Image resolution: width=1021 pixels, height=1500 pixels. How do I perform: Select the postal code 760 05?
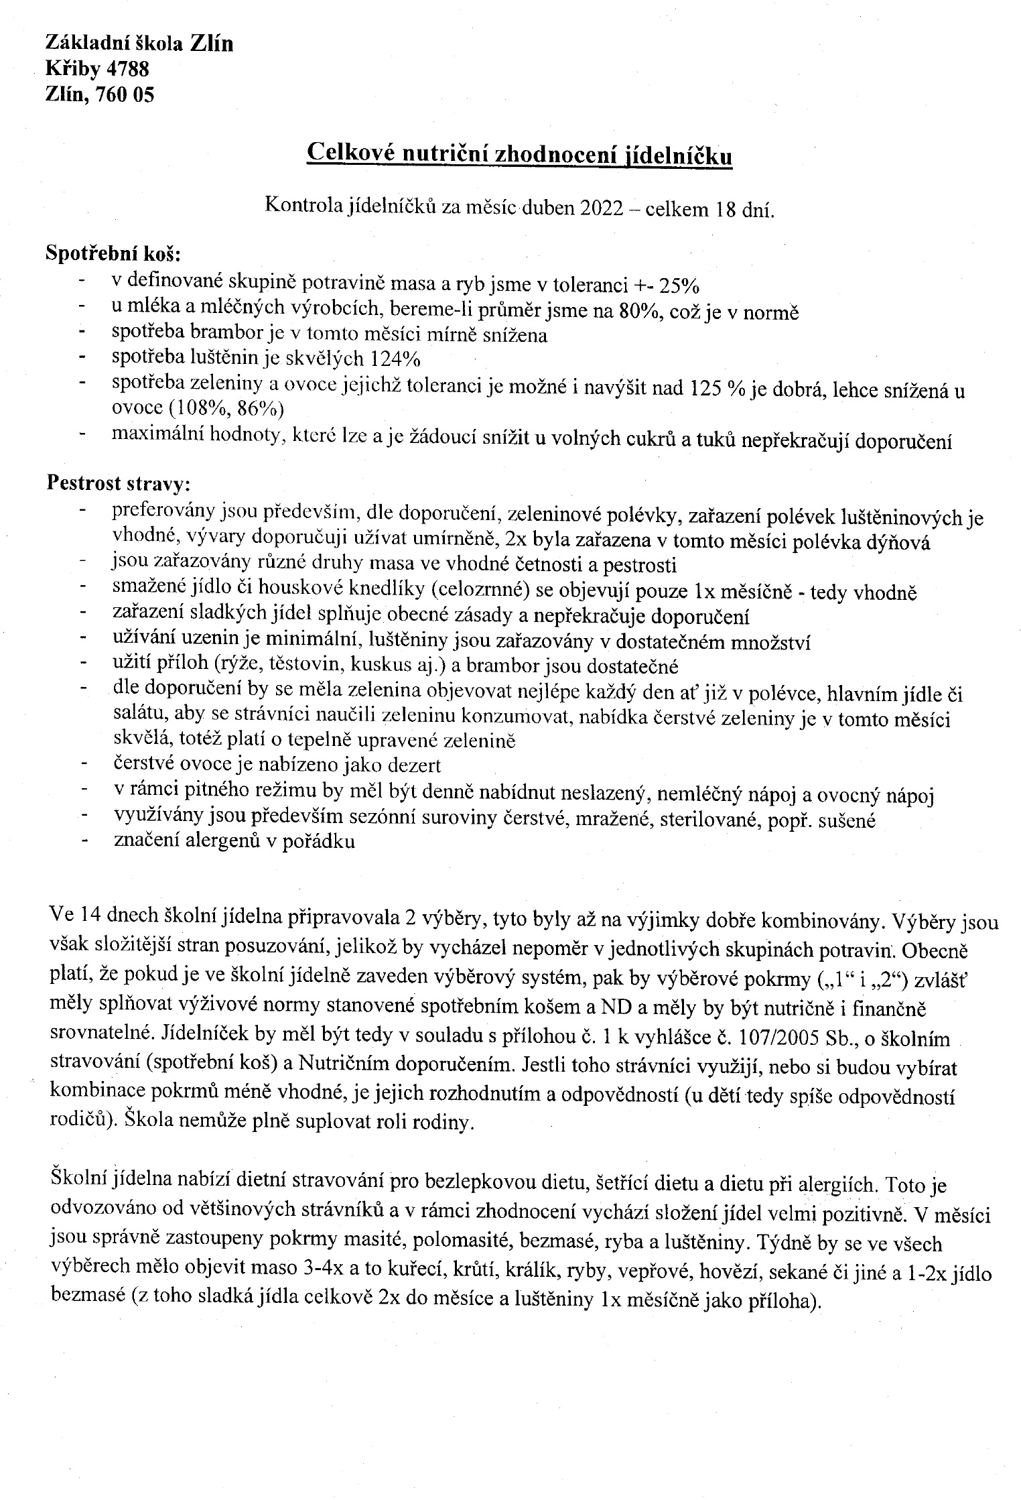[125, 95]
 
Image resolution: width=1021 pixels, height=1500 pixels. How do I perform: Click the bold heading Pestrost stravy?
[118, 483]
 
